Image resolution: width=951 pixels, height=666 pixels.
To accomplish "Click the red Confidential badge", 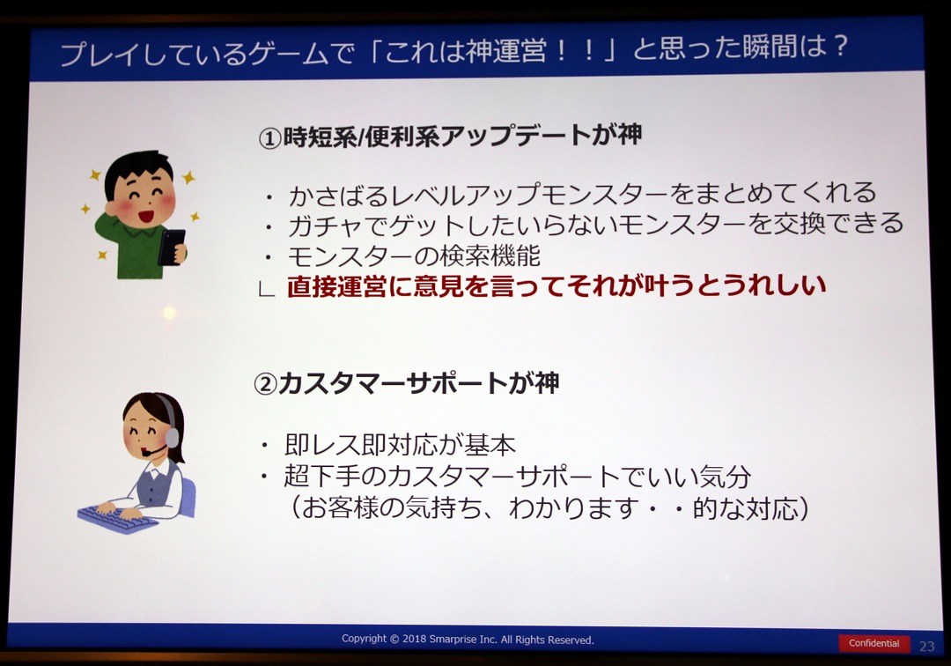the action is pyautogui.click(x=874, y=643).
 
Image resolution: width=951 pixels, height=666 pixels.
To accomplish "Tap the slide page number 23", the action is pyautogui.click(x=926, y=646).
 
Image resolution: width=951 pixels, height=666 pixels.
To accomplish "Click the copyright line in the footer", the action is pyautogui.click(x=468, y=640).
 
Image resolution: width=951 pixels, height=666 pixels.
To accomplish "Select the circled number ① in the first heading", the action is pyautogui.click(x=270, y=139).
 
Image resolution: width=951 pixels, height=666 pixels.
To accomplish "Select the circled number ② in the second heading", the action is pyautogui.click(x=265, y=384).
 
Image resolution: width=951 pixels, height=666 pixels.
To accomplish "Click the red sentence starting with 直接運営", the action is pyautogui.click(x=557, y=285).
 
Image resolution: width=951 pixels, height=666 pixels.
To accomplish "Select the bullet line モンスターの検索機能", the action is pyautogui.click(x=414, y=256).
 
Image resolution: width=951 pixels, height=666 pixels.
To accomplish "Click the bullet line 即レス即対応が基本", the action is pyautogui.click(x=401, y=445).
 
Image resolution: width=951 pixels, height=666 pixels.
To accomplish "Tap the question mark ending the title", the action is pyautogui.click(x=839, y=46).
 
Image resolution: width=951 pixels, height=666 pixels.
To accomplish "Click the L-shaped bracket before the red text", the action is pyautogui.click(x=266, y=289).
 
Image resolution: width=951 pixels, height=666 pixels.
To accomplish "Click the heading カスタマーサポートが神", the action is pyautogui.click(x=418, y=383).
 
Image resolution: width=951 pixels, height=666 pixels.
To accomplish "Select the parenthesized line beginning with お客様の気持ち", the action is pyautogui.click(x=549, y=508).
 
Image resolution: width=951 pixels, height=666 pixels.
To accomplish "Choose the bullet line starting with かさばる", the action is pyautogui.click(x=582, y=194).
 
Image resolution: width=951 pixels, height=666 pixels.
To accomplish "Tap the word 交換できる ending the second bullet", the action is pyautogui.click(x=837, y=223).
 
